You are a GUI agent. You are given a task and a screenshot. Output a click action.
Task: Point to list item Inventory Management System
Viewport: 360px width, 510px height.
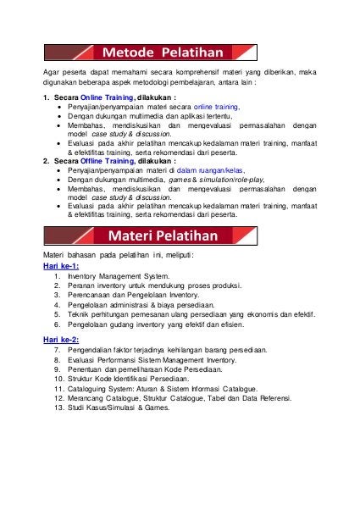click(x=118, y=276)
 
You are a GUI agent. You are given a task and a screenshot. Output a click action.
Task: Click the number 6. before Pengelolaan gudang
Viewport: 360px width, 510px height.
click(x=57, y=323)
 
